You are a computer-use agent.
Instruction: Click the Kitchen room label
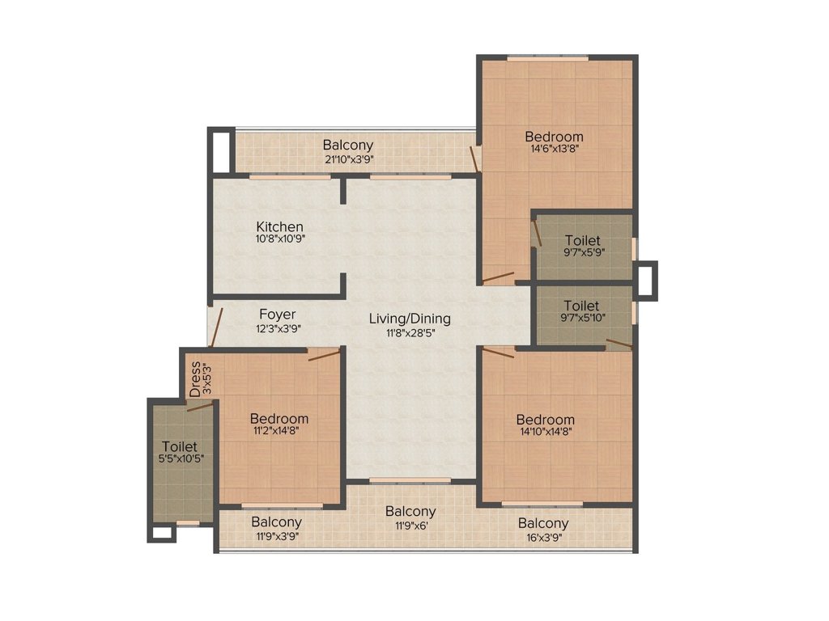point(279,226)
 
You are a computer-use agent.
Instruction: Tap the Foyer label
point(277,315)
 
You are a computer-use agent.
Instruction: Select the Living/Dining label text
point(410,319)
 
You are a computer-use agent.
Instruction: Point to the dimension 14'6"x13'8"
point(555,149)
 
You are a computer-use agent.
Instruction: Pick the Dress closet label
point(196,379)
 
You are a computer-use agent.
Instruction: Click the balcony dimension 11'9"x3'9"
point(278,537)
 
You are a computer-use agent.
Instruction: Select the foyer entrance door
point(216,327)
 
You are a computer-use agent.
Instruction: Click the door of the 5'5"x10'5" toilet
point(201,406)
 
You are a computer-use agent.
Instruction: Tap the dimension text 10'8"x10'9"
point(280,239)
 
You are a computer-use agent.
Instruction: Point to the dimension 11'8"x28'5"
point(410,332)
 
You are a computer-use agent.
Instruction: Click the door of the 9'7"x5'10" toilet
point(619,344)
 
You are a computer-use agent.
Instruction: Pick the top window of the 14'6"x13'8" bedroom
point(548,58)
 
